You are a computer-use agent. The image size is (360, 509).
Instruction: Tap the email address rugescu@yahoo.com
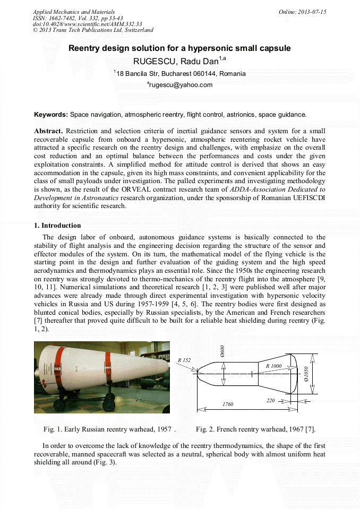click(181, 85)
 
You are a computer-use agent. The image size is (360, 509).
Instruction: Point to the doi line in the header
click(87, 24)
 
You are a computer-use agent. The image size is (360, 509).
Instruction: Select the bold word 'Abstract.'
click(48, 131)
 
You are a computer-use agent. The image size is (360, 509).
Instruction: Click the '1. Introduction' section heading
click(57, 226)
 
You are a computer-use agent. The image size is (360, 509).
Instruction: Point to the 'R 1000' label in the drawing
click(273, 366)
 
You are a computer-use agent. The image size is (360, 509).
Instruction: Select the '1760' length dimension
click(228, 404)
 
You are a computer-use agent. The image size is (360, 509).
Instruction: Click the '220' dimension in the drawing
click(270, 401)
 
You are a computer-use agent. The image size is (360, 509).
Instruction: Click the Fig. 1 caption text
click(109, 429)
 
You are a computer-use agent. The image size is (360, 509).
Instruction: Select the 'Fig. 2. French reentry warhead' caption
click(255, 429)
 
